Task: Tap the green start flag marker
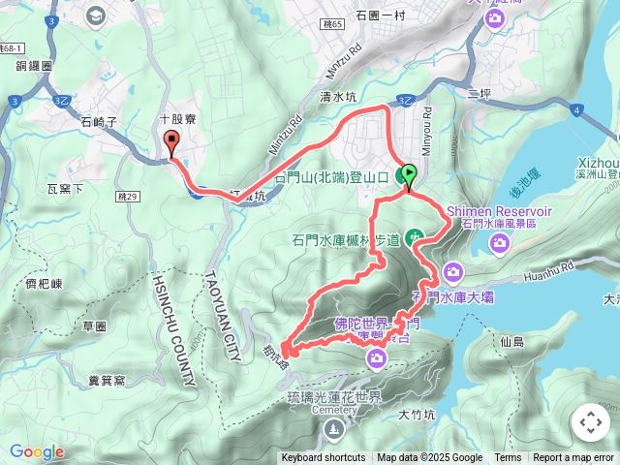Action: pos(409,175)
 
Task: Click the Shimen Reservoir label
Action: pos(498,212)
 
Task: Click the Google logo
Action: pos(37,451)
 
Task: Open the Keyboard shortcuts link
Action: pos(324,458)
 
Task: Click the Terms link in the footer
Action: pos(508,458)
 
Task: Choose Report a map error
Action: pos(574,458)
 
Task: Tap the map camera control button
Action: pos(590,423)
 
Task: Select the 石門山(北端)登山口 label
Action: pos(331,178)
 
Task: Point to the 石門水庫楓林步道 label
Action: pos(346,239)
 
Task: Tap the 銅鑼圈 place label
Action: pos(34,65)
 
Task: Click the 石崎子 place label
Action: pos(100,123)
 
